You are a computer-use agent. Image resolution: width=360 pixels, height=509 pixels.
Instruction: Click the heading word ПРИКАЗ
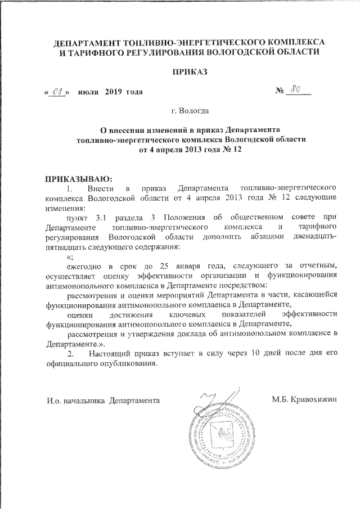click(x=180, y=73)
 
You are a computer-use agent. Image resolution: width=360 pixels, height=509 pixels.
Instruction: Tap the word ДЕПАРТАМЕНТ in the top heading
click(x=80, y=43)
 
